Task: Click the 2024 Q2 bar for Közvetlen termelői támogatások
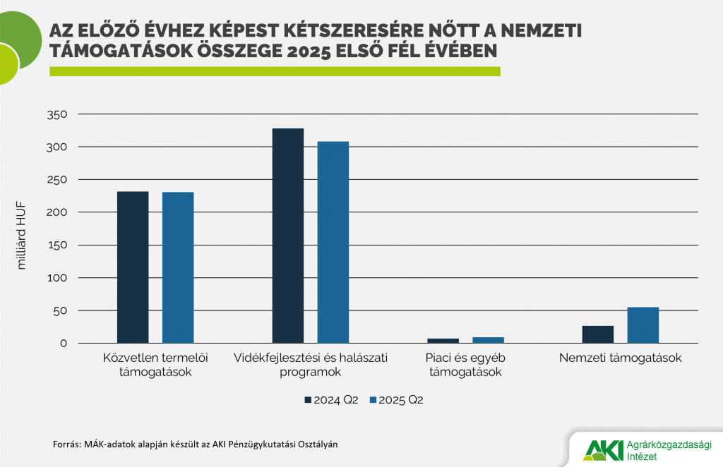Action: (x=133, y=267)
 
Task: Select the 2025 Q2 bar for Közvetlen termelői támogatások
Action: (x=178, y=268)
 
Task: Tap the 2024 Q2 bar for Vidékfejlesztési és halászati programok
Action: (x=287, y=236)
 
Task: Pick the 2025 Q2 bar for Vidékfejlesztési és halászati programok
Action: (x=333, y=242)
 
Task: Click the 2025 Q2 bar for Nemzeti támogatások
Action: (x=643, y=325)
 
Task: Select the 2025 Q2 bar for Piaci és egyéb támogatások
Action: (x=488, y=340)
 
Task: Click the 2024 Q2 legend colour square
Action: (x=308, y=401)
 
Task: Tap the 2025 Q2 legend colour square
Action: (x=372, y=401)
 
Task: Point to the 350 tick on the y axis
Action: (x=56, y=114)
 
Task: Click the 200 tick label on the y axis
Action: (x=56, y=212)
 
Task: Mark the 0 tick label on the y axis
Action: (x=63, y=344)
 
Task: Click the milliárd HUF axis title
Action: (x=21, y=235)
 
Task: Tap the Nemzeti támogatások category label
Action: (x=620, y=358)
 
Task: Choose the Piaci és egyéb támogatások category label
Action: (x=466, y=365)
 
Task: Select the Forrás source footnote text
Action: (x=200, y=444)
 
